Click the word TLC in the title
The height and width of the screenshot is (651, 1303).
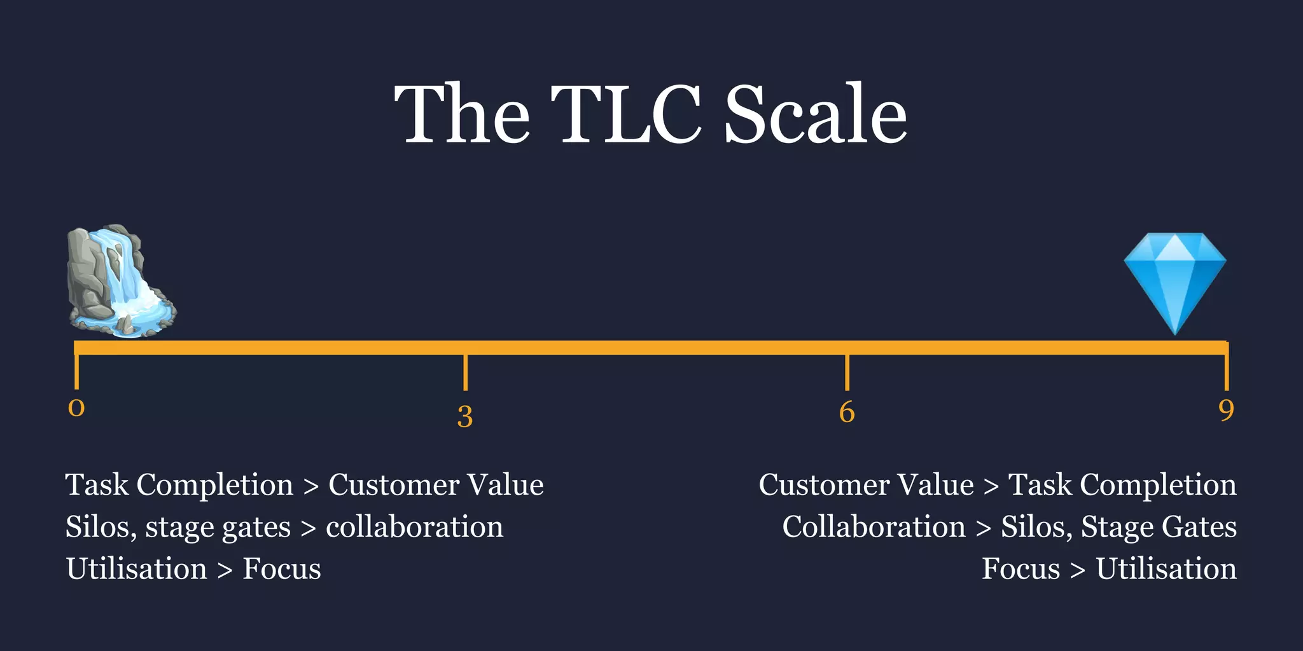626,114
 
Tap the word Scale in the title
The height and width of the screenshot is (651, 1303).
816,114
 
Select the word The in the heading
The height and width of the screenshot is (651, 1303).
462,114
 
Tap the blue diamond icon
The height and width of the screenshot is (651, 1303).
1174,280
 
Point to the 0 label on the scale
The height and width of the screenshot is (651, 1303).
76,408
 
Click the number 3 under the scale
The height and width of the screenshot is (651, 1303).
465,417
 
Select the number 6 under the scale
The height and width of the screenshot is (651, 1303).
847,412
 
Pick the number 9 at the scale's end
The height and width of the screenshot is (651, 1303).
1226,411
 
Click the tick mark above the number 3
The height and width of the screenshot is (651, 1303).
466,373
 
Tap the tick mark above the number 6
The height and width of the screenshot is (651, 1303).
847,373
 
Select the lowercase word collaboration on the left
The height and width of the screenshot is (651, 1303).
414,527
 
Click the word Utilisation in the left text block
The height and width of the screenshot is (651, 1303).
137,569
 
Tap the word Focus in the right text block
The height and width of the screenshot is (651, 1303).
1021,569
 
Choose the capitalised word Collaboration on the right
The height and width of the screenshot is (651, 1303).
874,527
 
